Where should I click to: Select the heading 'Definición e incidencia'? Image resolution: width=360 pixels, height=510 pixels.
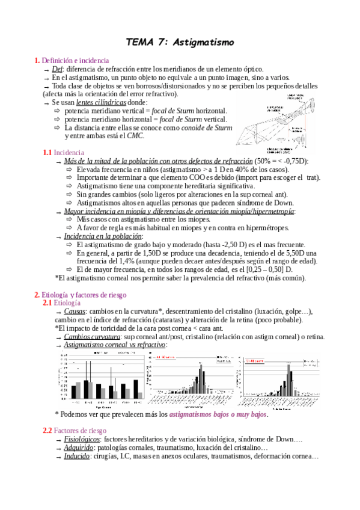click(x=75, y=61)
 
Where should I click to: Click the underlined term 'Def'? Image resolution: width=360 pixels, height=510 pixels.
click(x=58, y=69)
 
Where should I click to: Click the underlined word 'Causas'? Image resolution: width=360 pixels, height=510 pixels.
click(x=75, y=312)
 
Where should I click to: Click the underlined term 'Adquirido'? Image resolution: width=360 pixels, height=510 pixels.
click(x=79, y=448)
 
